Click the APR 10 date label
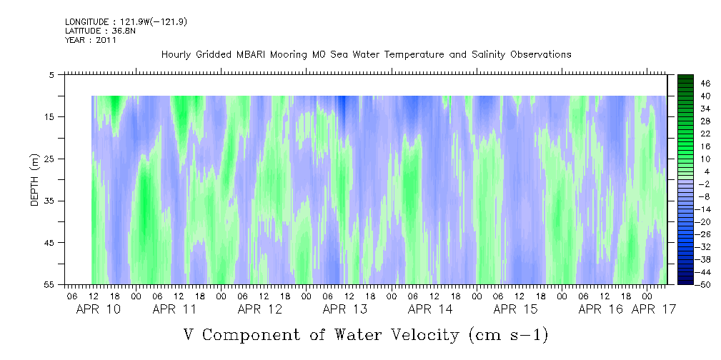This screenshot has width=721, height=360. pos(99,309)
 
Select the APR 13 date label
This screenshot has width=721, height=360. pos(345,309)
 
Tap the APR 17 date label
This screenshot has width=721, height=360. pos(654,309)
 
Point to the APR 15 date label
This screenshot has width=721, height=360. pos(515,309)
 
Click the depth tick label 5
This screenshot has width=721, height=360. pos(51,74)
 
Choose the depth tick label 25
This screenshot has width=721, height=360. pos(49,159)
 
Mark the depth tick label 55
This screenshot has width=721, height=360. pos(49,284)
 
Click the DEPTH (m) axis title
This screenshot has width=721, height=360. pos(35,180)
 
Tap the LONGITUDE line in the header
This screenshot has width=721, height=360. pos(126,22)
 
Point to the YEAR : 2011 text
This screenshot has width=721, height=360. pos(91,40)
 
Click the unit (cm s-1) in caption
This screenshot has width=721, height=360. pos(509,335)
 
